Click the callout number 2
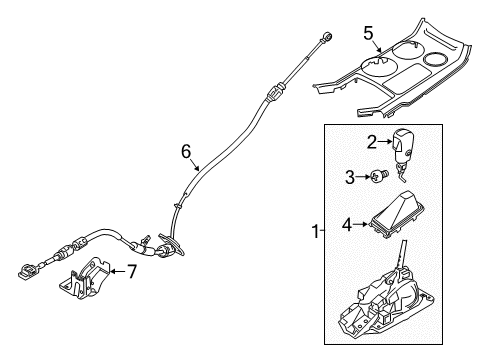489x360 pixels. tap(370, 141)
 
